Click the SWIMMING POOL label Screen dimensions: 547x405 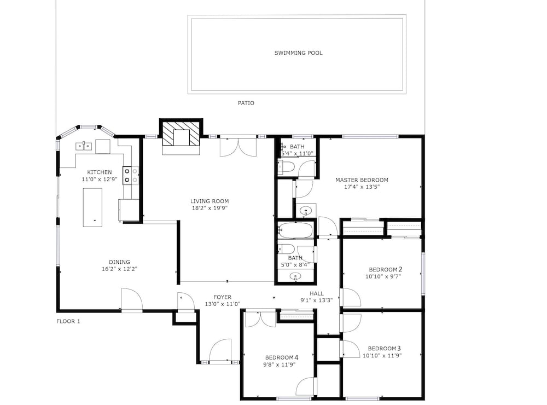pos(298,53)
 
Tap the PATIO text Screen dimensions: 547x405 pos(246,103)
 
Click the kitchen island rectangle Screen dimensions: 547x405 pos(92,207)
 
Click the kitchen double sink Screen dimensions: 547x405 pos(84,146)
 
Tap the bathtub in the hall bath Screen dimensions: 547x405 pos(295,230)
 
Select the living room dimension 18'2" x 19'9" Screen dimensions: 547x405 pos(210,208)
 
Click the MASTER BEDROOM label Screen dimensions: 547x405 pos(362,180)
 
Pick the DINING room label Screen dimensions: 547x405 pos(119,262)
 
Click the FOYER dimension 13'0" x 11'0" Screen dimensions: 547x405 pos(223,304)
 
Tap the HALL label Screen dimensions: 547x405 pos(316,293)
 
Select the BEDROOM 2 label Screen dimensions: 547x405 pos(386,269)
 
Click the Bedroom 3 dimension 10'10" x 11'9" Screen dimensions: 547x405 pos(382,355)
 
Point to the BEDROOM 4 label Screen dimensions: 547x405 pos(282,357)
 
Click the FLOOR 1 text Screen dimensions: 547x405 pos(68,321)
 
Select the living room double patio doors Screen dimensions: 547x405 pos(238,147)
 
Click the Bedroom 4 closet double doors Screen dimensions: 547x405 pos(260,319)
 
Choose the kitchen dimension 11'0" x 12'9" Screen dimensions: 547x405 pos(100,179)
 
